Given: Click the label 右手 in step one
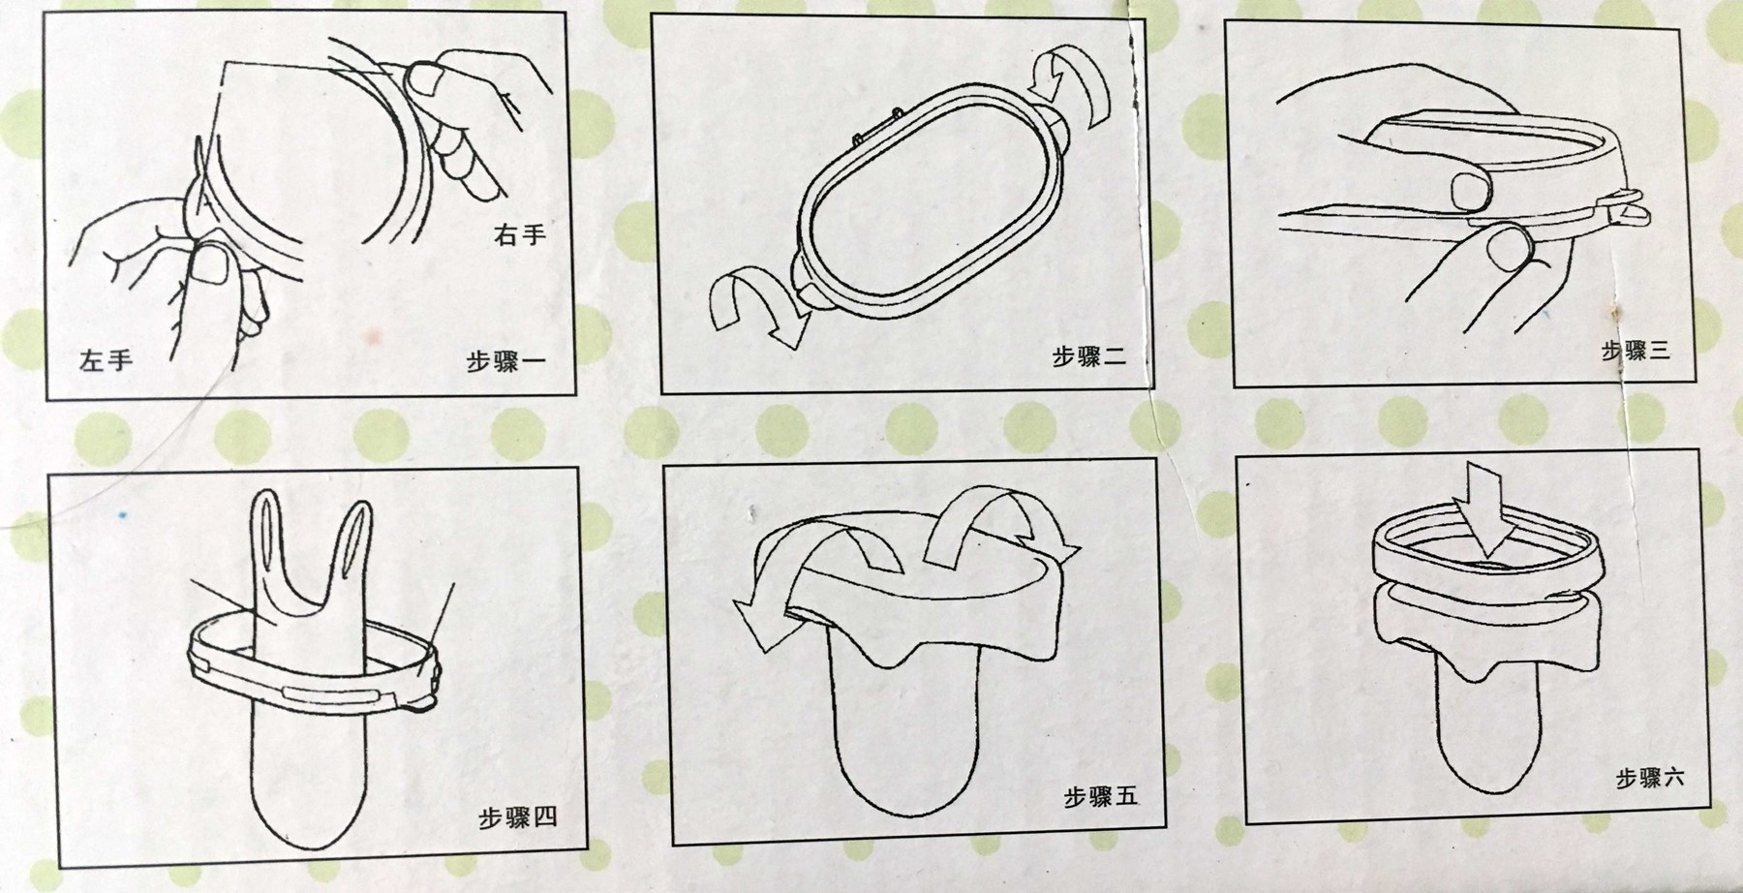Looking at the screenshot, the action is pos(520,234).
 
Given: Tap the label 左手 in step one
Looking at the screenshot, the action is pos(106,361).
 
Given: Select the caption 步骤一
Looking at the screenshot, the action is pos(505,362).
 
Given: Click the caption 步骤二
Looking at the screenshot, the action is pos(1089,356).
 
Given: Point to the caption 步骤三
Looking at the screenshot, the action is pos(1636,350).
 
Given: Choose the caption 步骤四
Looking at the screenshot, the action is pos(518,818).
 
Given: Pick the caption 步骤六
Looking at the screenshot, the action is pos(1650,778).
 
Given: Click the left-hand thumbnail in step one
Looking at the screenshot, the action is pos(211,264).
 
